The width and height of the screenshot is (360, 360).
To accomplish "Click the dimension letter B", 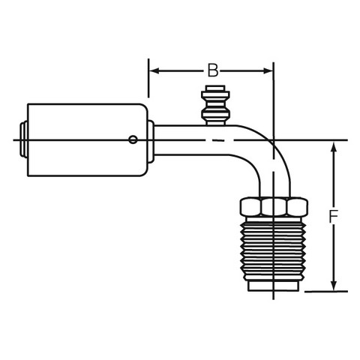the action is pos(213,70).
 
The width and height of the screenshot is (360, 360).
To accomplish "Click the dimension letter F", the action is pos(333,216).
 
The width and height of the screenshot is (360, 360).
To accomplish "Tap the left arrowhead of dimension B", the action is pos(155,70).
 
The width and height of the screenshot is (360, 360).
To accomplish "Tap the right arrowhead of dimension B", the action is pos(268,70).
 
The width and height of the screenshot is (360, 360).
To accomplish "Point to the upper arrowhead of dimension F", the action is pos(334,147).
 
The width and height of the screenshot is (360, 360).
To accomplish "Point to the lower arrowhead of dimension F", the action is pos(334,286).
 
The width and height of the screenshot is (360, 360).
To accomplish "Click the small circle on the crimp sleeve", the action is pos(133,139).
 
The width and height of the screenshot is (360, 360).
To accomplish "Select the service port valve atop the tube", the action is pos(215,105).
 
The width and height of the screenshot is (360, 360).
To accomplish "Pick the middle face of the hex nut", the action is pos(274,206).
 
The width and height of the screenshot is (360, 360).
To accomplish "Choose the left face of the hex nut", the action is pos(250,206).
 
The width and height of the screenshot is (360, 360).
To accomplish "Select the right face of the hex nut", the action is pos(297,206).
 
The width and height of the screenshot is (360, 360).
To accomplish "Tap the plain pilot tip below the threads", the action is pos(273,286).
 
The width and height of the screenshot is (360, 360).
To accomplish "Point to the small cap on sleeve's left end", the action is pos(24,139).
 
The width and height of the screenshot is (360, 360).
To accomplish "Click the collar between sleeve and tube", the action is pos(151,142).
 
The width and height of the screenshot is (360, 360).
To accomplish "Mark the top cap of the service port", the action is pos(215,88).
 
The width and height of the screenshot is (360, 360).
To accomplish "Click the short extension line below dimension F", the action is pos(326,291).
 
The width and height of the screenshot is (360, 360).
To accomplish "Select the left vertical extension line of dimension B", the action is pos(148,78).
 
